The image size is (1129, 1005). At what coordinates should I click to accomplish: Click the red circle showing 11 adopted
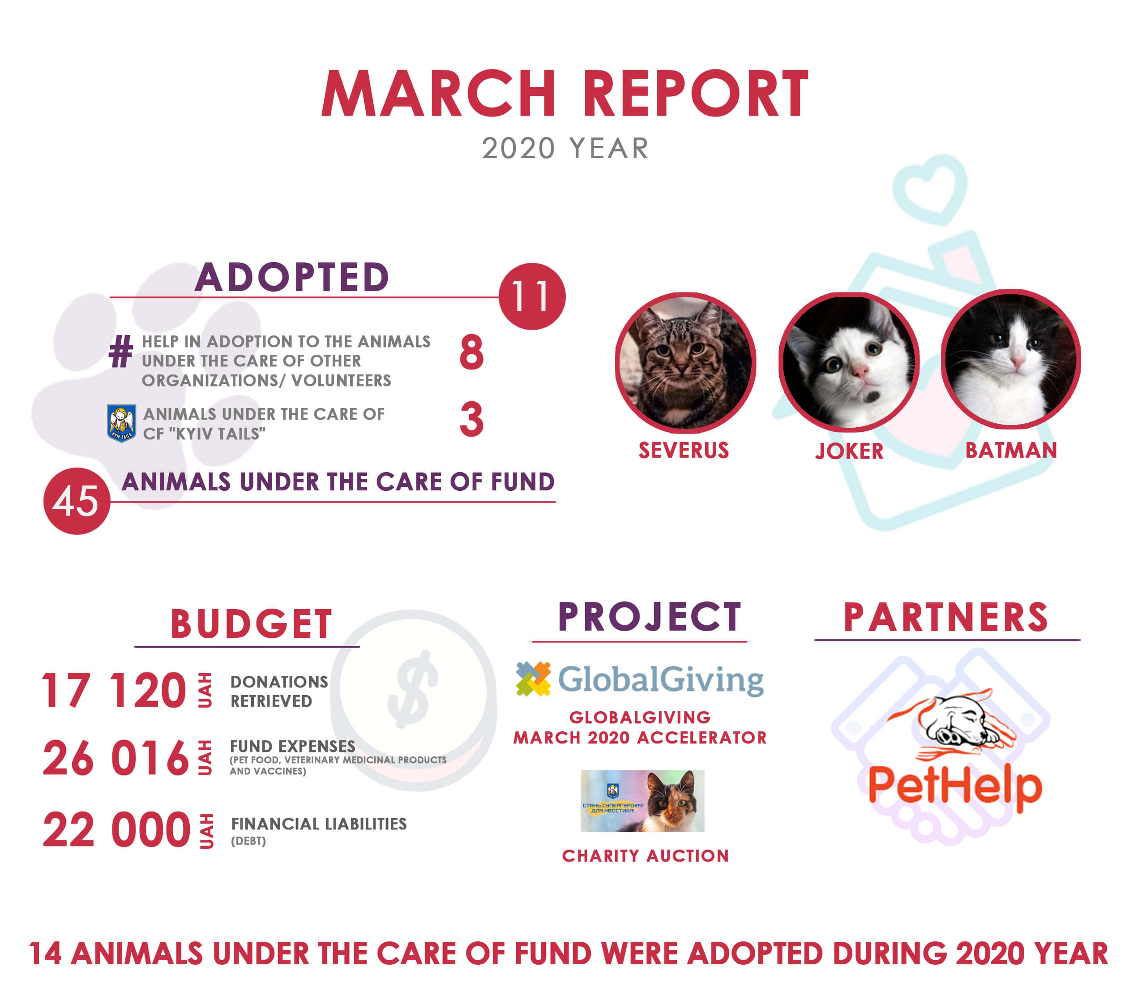click(532, 296)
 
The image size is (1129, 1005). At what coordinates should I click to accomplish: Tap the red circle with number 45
click(77, 501)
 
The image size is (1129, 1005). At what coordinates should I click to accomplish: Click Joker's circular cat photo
click(849, 362)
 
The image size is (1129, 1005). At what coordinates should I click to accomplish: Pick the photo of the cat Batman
click(1011, 359)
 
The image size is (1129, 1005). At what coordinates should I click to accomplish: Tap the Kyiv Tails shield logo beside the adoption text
click(121, 423)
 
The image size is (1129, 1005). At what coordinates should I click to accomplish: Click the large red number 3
click(471, 419)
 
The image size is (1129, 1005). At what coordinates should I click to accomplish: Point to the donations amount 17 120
click(114, 690)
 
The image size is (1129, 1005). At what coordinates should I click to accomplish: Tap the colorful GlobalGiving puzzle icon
click(533, 679)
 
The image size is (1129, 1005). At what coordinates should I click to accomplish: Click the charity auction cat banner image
click(642, 801)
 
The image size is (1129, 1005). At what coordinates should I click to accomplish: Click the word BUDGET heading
click(251, 624)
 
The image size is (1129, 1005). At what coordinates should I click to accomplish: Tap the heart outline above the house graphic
click(930, 189)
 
